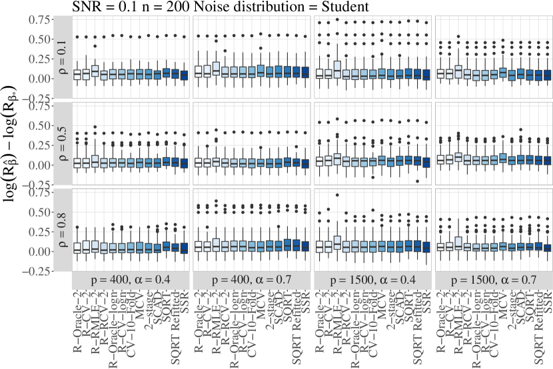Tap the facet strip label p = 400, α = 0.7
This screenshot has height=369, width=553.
pos(251,281)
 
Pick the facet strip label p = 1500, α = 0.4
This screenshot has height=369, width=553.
pos(372,281)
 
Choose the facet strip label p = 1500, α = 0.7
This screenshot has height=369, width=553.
pos(494,281)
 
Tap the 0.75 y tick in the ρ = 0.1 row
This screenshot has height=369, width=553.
pos(40,19)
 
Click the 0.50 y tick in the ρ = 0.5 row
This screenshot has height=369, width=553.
pos(40,125)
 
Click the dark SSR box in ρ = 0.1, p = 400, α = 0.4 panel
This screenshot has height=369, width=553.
pos(184,74)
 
